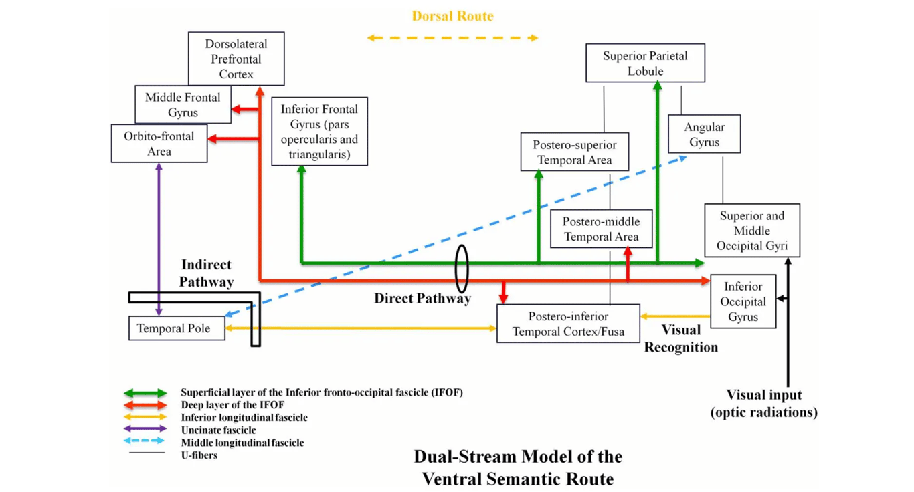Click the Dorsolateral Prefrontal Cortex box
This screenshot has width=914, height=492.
tap(236, 59)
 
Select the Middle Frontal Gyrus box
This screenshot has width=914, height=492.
tap(183, 105)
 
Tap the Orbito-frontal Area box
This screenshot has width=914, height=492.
tap(159, 144)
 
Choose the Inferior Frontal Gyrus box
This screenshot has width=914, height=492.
tap(319, 132)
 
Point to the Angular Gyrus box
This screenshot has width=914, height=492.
tap(704, 134)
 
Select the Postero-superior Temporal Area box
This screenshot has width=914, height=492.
tap(575, 152)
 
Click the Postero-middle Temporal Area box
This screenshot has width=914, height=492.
tap(601, 229)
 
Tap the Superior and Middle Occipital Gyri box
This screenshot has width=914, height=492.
tap(751, 231)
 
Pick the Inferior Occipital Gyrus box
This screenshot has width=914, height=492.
tap(743, 301)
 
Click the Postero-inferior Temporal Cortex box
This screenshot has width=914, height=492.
tap(568, 324)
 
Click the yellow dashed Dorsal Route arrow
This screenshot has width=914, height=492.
tap(452, 38)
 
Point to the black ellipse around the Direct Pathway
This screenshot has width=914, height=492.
tap(461, 269)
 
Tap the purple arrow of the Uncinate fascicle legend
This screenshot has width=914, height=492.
tap(145, 429)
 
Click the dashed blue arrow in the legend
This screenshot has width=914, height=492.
tap(145, 441)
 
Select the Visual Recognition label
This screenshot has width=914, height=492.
tap(680, 338)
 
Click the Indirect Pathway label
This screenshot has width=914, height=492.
tap(206, 273)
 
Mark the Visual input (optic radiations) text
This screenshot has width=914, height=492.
tap(763, 404)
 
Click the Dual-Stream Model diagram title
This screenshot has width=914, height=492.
tap(517, 467)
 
